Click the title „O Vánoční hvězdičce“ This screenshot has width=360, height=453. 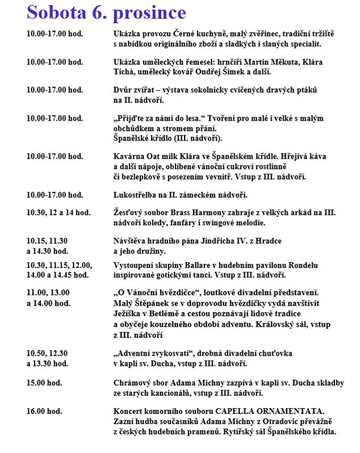coord(153,293)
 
